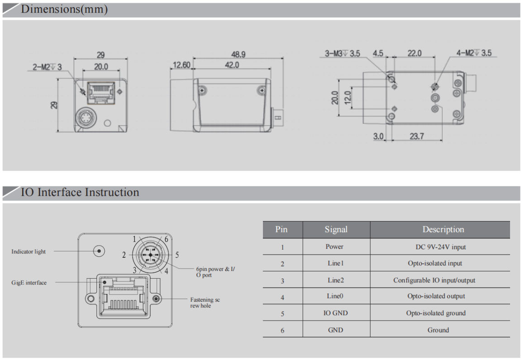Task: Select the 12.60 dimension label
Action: point(181,66)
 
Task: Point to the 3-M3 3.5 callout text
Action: point(343,53)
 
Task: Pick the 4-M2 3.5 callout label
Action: point(474,53)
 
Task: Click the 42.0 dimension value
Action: point(231,66)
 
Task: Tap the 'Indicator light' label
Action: point(29,251)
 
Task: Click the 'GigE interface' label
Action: point(29,283)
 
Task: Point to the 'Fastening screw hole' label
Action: point(205,303)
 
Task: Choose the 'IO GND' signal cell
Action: point(336,313)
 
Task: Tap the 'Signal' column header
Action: point(336,230)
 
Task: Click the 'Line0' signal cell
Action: point(336,297)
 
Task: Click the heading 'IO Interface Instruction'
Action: point(80,193)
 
